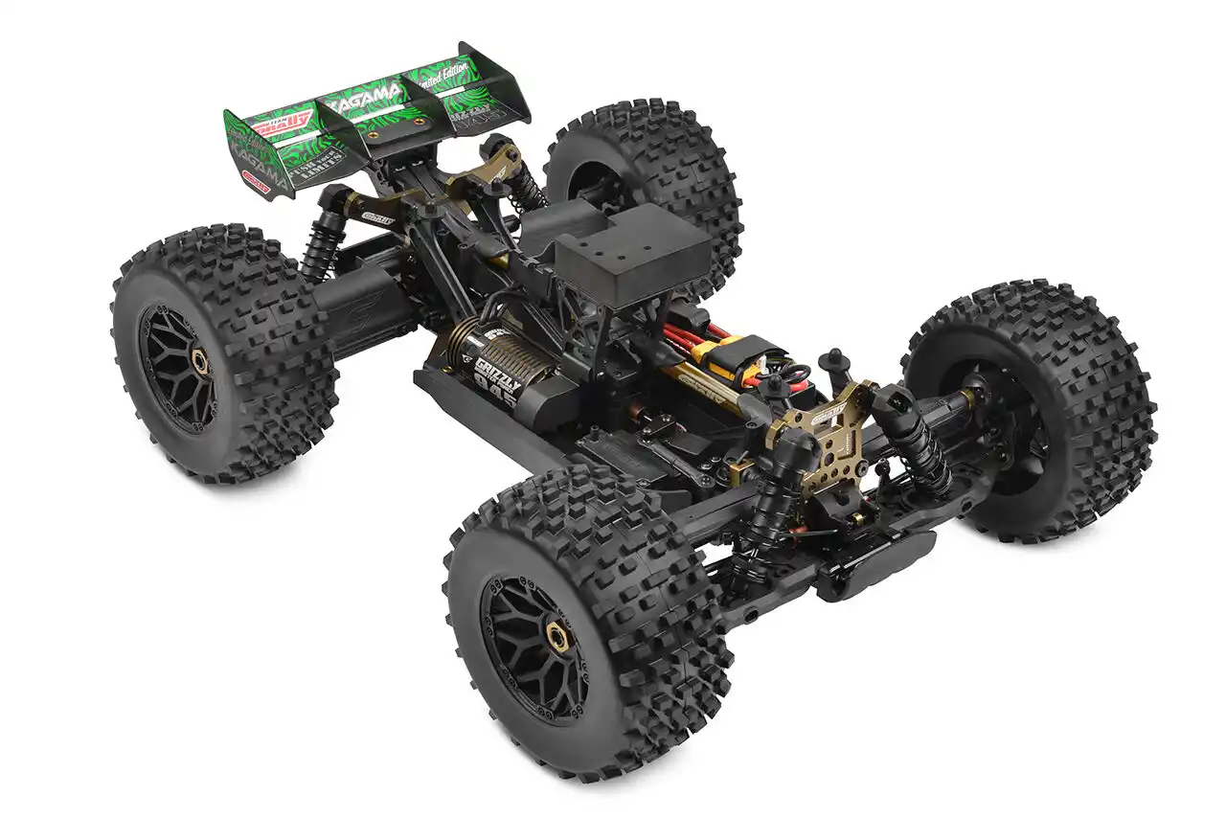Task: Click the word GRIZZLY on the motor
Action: click(x=493, y=370)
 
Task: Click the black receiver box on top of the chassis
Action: click(x=633, y=252)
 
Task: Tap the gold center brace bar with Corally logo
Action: click(x=709, y=388)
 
